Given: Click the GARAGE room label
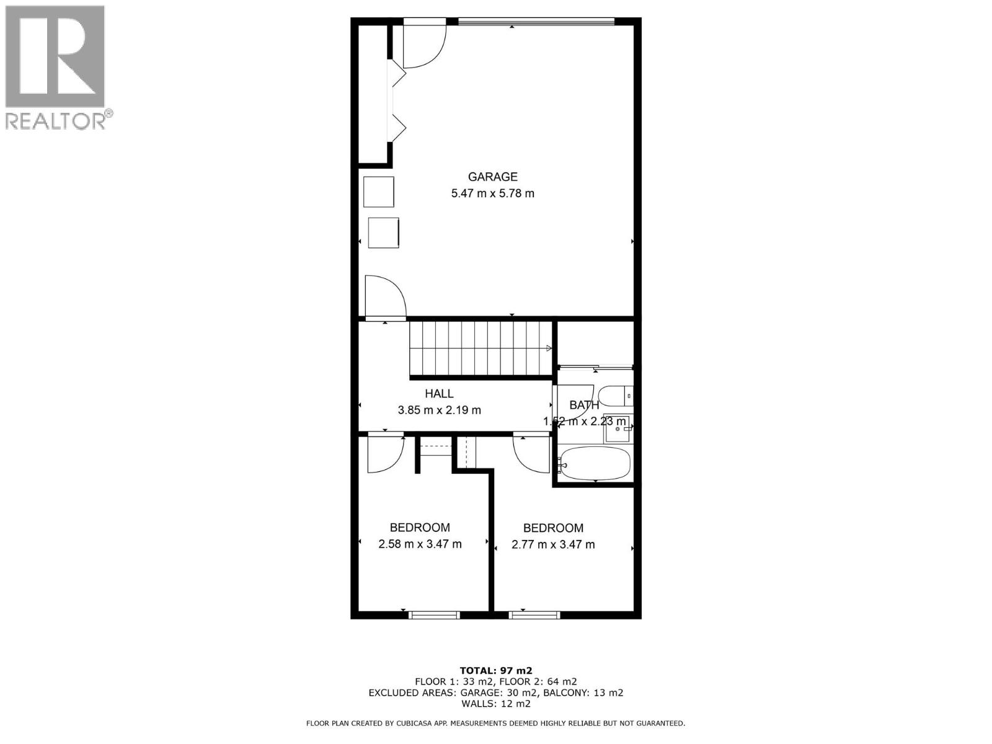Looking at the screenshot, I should click(492, 177).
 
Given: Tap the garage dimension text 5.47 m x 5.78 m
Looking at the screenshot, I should click(492, 193).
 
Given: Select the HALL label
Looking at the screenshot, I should click(439, 393).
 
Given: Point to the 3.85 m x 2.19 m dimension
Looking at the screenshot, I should click(439, 410).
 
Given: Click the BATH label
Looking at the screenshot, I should click(584, 405).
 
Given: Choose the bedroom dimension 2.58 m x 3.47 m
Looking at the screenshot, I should click(420, 544).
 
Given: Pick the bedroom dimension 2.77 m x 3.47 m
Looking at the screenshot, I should click(553, 545).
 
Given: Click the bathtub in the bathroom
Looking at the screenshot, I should click(595, 463).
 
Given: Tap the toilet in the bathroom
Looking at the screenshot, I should click(619, 396).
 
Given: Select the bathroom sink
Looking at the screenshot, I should click(618, 428).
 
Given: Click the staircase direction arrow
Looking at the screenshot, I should click(549, 348).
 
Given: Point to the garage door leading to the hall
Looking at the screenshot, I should click(385, 298).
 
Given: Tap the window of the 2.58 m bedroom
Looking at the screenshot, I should click(434, 615).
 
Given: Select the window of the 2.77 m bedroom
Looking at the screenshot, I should click(534, 615).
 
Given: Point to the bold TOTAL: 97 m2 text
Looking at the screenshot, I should click(496, 670).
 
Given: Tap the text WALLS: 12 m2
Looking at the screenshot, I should click(496, 704).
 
